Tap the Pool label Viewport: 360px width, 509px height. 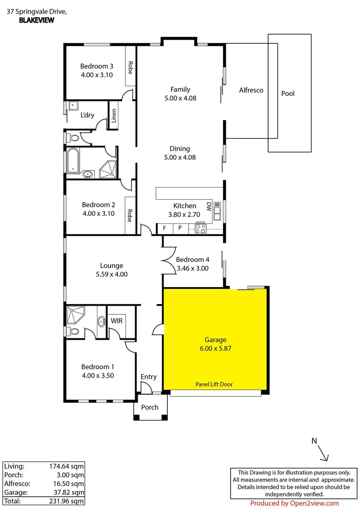click(x=287, y=93)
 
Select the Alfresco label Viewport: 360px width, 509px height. click(x=251, y=90)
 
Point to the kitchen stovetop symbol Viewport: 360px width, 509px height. click(x=200, y=230)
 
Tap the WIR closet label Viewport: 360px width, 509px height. click(x=117, y=320)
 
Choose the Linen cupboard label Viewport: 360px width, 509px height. click(x=114, y=115)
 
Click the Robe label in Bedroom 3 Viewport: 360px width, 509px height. click(x=130, y=69)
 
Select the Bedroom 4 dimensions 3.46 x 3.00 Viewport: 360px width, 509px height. click(x=192, y=269)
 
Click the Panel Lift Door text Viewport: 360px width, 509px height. click(x=214, y=384)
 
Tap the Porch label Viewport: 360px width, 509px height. click(x=150, y=407)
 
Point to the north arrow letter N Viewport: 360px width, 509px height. click(x=314, y=441)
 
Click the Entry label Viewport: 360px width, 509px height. click(x=148, y=377)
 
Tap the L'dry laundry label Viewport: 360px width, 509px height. click(x=87, y=115)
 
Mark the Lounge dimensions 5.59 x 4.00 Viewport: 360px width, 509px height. click(x=112, y=274)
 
